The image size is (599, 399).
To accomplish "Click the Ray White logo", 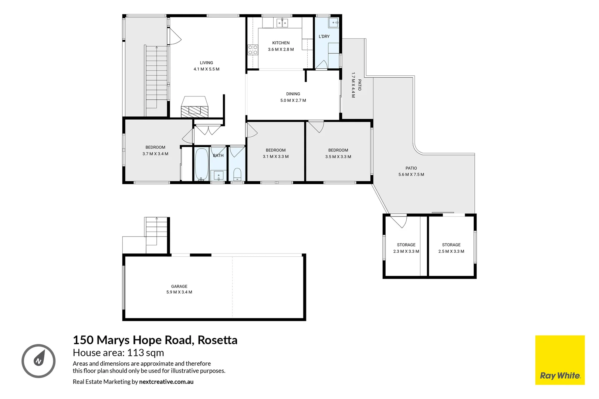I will click(560, 360).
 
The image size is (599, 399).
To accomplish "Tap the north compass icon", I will click(38, 361).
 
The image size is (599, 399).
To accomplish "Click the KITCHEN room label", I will click(281, 43).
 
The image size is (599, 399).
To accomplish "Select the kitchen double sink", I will click(282, 23).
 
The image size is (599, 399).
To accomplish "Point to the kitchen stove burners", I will click(253, 50).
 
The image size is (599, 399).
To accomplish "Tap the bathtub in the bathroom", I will click(202, 164).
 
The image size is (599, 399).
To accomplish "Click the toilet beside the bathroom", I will click(237, 174).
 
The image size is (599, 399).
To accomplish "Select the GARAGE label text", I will click(179, 286).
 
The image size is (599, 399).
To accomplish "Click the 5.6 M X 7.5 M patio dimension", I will click(411, 174).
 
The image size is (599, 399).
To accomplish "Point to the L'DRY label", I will click(324, 37).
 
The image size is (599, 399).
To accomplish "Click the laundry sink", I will click(334, 23).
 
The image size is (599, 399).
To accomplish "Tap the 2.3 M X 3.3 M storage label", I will click(406, 251).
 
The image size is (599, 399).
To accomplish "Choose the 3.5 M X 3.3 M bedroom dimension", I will click(338, 157).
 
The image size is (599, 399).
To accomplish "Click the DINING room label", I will click(293, 94).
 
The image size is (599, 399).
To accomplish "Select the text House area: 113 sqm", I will click(118, 353).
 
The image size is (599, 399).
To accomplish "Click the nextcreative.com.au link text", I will click(166, 382).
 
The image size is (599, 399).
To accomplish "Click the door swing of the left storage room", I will click(400, 222).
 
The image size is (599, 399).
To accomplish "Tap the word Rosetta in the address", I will click(217, 340).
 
